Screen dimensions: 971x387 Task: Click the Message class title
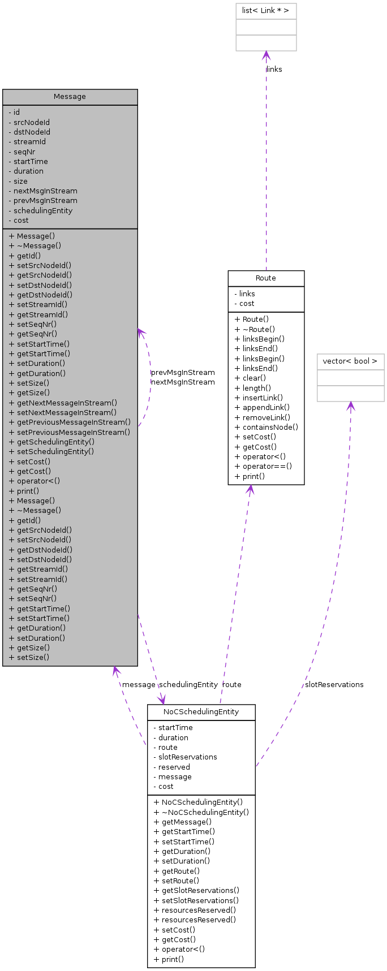coord(70,97)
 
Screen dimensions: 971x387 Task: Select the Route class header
coord(266,278)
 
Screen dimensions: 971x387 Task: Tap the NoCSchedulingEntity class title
coord(201,712)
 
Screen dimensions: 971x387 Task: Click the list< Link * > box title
coord(266,11)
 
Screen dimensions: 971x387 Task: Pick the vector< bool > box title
coord(350,361)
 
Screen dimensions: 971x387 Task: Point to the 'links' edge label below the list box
coord(274,70)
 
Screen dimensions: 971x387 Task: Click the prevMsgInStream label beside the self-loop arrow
coord(183,373)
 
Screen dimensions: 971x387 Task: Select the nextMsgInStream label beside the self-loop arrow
coord(183,382)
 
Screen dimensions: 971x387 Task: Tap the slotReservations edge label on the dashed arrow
coord(334,685)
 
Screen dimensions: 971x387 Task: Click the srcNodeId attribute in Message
coord(32,122)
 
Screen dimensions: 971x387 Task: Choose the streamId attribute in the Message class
coord(29,142)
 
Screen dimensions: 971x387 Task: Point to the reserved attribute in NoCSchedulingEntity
coord(174,767)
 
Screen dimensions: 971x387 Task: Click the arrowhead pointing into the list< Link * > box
coord(266,55)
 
